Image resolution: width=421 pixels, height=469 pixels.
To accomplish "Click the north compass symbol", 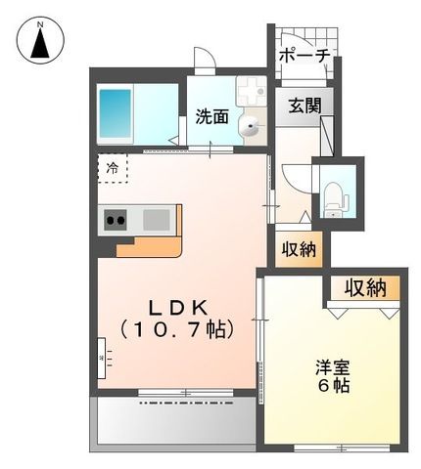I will [40, 41].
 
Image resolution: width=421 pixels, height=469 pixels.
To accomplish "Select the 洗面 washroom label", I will [211, 117].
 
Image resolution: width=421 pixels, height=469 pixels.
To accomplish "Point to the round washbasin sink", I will [251, 125].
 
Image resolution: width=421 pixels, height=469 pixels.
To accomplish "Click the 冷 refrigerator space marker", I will [111, 169].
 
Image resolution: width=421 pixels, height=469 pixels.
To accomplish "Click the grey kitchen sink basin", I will [156, 219].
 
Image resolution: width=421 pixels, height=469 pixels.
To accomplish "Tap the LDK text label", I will [175, 305].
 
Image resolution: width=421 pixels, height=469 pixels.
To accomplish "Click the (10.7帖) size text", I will [175, 328].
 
